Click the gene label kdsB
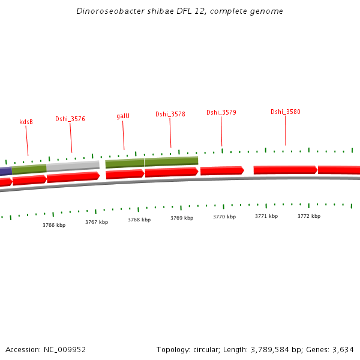[26, 122]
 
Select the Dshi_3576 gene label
[70, 119]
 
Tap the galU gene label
[123, 116]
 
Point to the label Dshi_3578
[170, 114]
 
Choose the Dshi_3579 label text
[221, 112]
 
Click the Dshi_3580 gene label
[285, 112]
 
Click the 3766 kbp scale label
[54, 225]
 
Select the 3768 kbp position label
[139, 220]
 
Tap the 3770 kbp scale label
[224, 217]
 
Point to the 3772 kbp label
[309, 216]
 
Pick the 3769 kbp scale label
[182, 218]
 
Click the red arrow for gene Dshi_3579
[222, 170]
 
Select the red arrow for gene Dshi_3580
[285, 170]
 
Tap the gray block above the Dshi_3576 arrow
[73, 166]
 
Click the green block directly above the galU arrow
[125, 163]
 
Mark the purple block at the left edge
[5, 172]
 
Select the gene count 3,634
[343, 349]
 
